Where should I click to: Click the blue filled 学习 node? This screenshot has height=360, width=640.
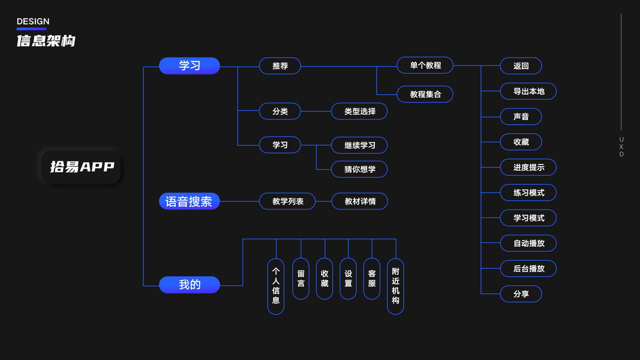190,66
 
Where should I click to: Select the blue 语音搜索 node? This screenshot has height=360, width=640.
190,202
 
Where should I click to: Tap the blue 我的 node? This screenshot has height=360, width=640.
190,285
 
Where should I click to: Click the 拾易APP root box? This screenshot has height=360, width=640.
82,167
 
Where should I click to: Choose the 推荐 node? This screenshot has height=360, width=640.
280,66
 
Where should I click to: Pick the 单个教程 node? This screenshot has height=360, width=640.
425,65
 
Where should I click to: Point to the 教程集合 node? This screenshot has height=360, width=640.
425,94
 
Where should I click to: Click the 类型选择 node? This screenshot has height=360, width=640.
360,111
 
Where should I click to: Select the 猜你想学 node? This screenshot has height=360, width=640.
360,169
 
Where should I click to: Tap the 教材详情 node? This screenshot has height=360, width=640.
360,202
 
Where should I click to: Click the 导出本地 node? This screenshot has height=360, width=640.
528,91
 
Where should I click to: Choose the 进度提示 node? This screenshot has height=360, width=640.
528,167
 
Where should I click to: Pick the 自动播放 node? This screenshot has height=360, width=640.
528,243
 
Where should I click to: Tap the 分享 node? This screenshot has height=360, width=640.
521,294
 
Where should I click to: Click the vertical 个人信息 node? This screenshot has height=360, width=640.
276,286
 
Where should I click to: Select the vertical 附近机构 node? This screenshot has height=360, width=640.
395,286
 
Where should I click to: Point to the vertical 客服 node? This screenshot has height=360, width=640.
372,278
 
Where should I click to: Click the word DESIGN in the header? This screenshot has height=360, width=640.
33,22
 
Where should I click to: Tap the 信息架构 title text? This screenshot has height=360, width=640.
46,41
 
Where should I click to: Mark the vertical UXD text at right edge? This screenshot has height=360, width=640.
621,147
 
